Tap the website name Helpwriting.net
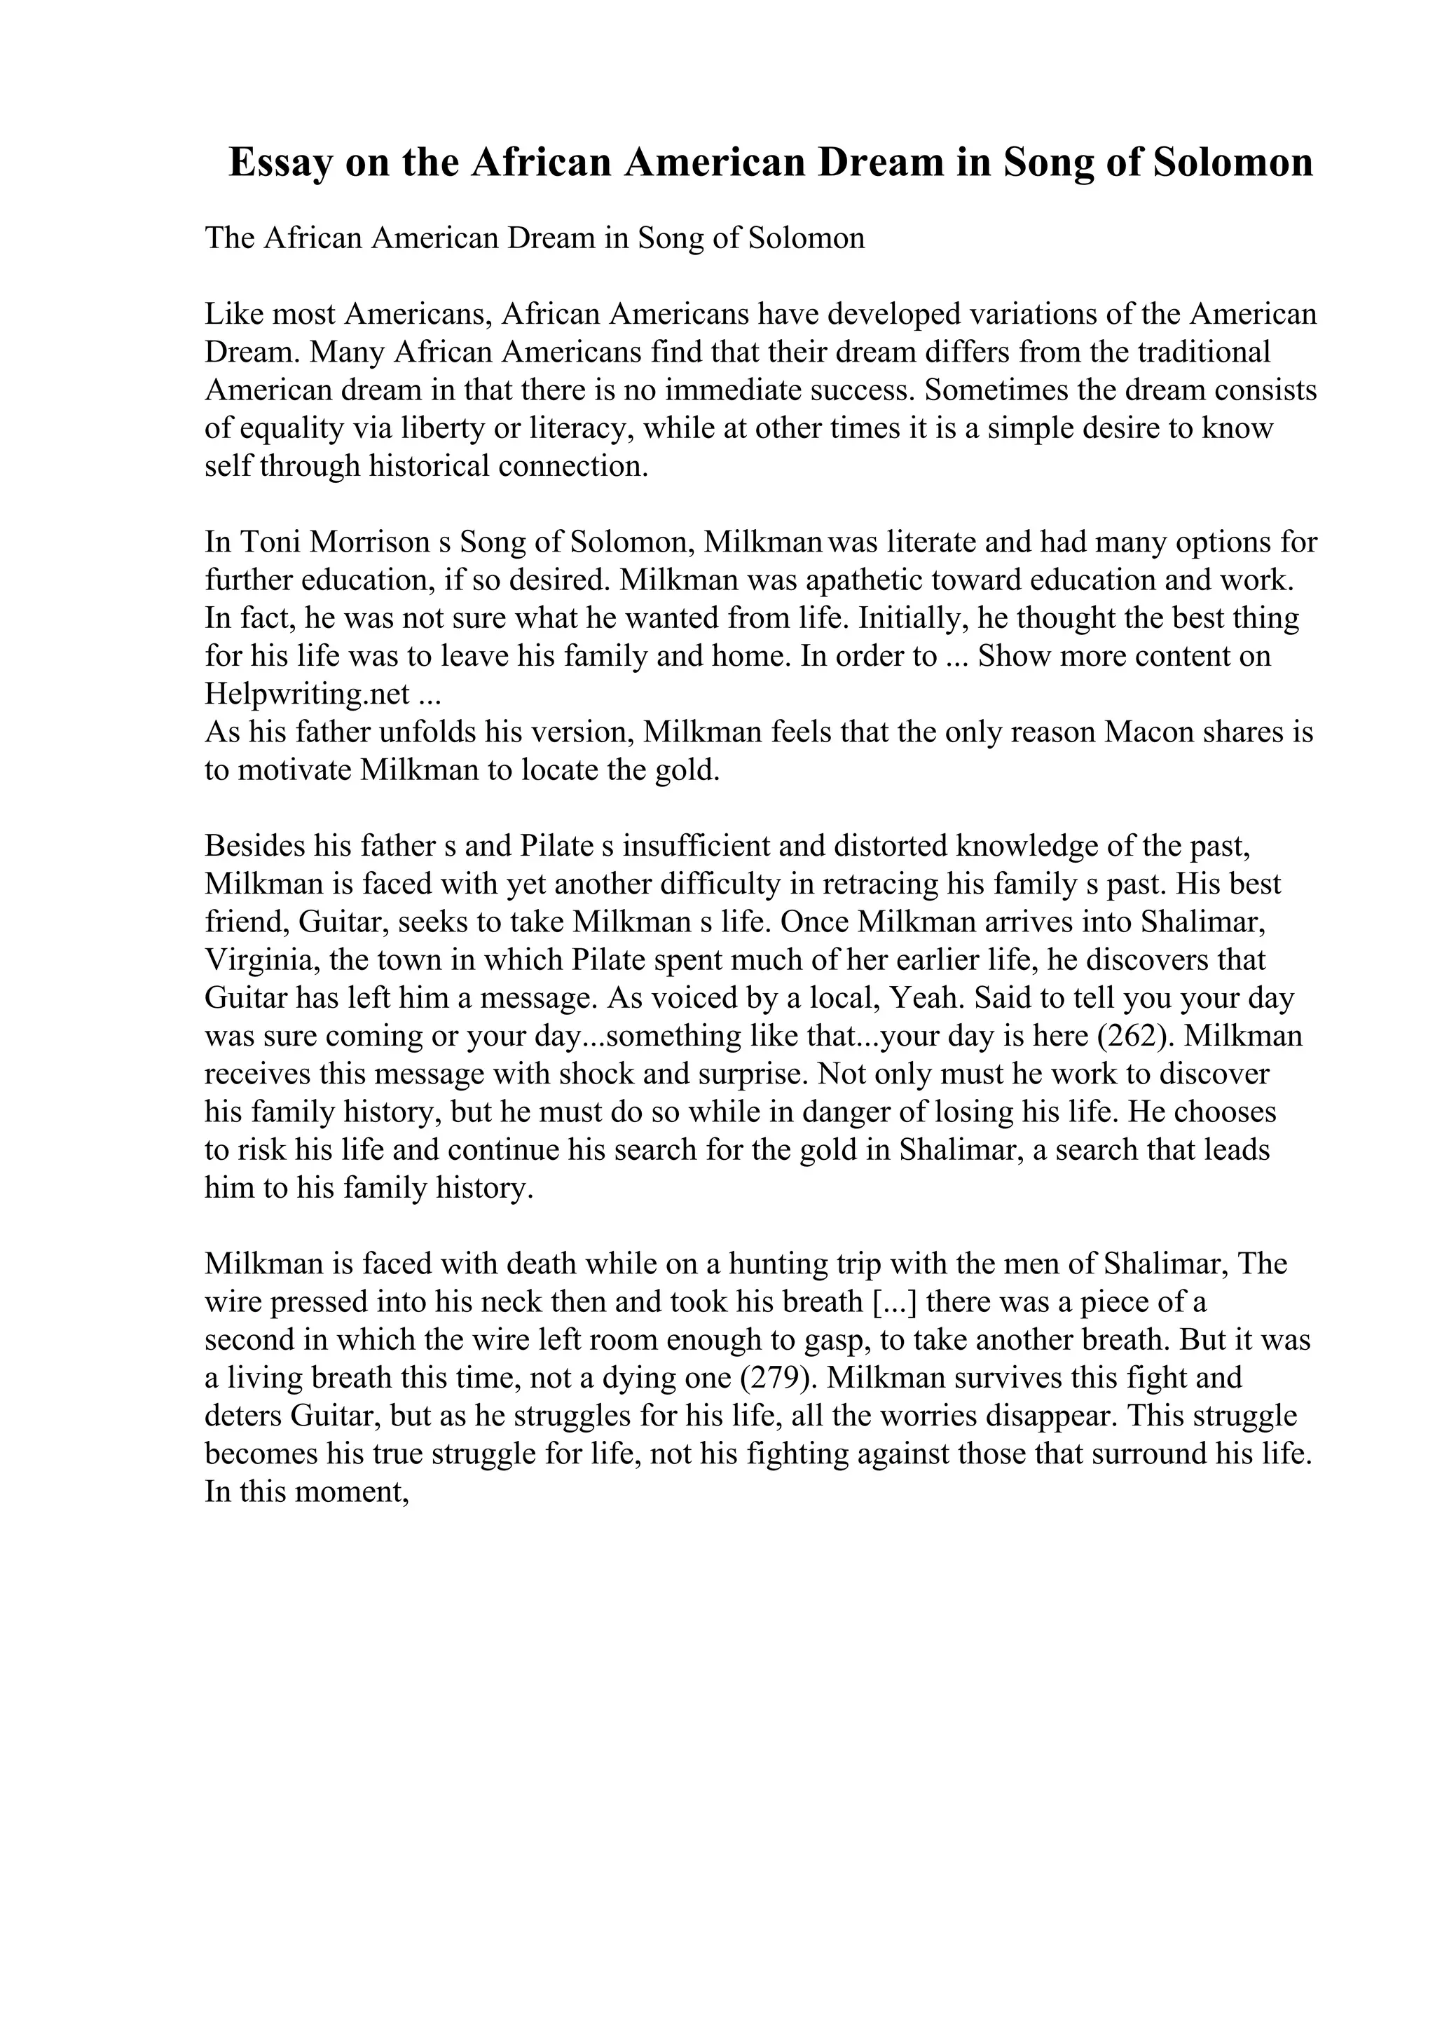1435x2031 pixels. (307, 695)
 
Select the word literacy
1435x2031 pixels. (582, 429)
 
